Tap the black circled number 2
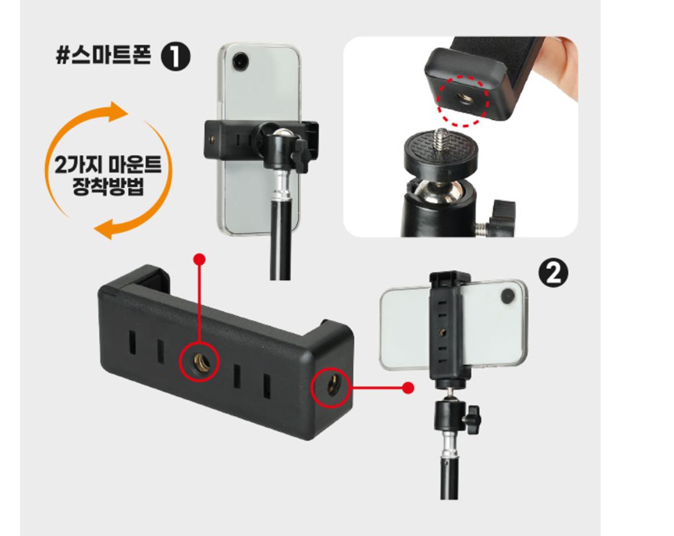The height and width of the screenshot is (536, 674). [553, 274]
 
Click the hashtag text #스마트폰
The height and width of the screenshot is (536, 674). [104, 58]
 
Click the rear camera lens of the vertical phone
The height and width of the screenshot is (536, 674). [240, 59]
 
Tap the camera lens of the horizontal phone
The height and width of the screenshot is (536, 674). [507, 296]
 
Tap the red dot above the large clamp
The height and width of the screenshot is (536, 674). [199, 260]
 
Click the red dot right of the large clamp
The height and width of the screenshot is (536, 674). [408, 388]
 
